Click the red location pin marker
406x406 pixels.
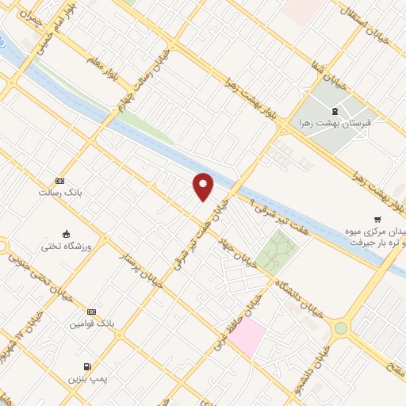point(204,186)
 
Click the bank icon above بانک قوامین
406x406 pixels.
point(92,312)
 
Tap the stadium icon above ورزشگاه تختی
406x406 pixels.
point(67,234)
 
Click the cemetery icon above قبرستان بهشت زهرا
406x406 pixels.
point(335,110)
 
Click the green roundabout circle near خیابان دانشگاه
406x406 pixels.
point(341,327)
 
